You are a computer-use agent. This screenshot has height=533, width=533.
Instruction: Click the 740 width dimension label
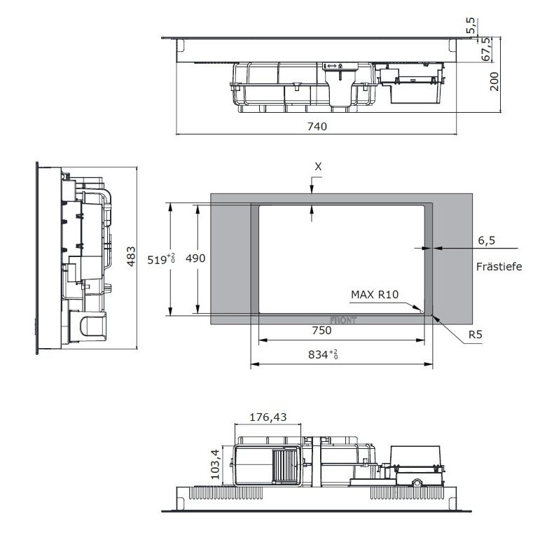click(317, 127)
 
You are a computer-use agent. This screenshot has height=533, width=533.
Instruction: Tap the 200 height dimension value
click(494, 81)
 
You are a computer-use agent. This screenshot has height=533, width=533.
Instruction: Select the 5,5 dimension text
click(472, 26)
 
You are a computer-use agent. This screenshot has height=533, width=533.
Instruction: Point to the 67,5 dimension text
click(487, 49)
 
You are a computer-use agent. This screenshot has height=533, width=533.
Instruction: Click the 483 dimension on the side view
click(131, 256)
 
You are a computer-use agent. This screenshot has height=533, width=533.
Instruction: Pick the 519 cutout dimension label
click(161, 260)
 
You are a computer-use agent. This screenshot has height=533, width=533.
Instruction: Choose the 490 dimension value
click(195, 258)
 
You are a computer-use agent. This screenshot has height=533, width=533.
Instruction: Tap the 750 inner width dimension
click(321, 331)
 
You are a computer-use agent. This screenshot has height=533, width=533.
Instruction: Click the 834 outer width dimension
click(323, 354)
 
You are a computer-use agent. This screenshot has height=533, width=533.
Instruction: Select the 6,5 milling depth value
click(487, 241)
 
